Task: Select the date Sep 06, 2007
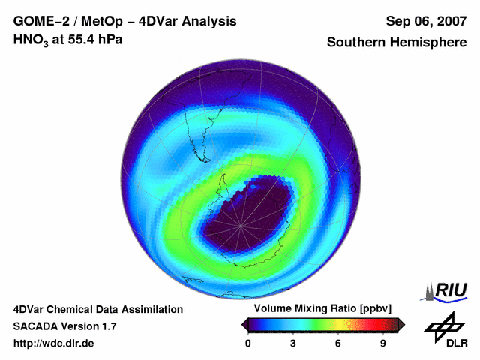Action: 426,21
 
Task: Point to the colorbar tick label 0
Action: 248,343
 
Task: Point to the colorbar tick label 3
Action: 293,343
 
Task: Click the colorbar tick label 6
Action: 338,343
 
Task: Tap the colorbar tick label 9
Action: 382,343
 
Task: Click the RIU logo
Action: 447,291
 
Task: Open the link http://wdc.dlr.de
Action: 54,343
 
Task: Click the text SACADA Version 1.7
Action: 64,326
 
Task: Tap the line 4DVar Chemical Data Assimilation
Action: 97,309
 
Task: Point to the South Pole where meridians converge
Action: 241,224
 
